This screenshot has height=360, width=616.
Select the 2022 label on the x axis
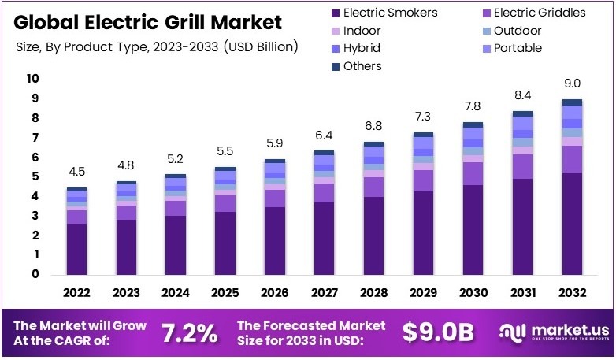click(x=76, y=293)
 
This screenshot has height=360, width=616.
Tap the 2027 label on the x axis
click(x=325, y=293)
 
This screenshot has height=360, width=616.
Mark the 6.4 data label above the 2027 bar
click(x=325, y=135)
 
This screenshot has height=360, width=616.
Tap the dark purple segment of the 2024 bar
click(x=176, y=244)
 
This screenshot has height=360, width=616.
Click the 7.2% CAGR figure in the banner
click(x=189, y=333)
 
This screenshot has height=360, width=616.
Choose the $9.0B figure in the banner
click(x=438, y=333)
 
